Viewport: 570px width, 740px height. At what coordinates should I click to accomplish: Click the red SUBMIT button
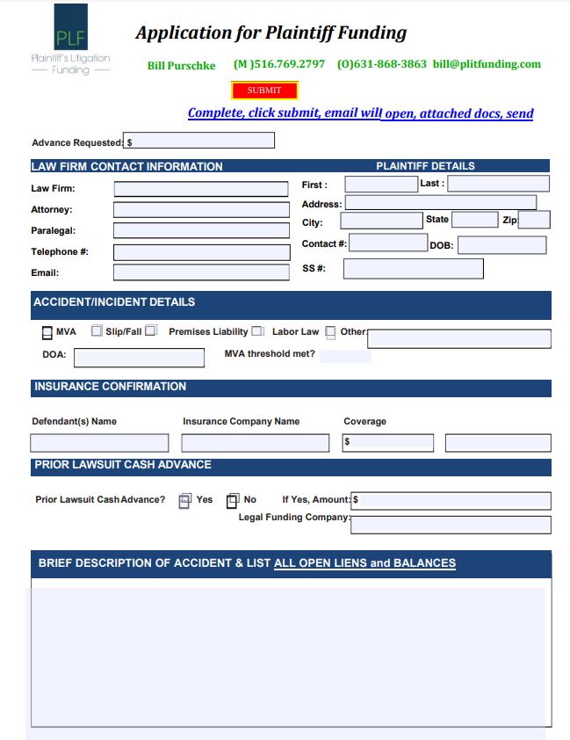pyautogui.click(x=264, y=91)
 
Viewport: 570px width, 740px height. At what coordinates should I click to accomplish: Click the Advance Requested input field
pyautogui.click(x=199, y=141)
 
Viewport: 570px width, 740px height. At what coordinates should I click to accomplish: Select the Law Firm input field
pyautogui.click(x=201, y=189)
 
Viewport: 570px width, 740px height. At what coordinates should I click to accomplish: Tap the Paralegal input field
pyautogui.click(x=201, y=231)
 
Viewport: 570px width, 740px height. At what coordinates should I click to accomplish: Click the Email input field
pyautogui.click(x=201, y=272)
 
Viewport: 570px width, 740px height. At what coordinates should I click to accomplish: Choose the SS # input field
pyautogui.click(x=413, y=269)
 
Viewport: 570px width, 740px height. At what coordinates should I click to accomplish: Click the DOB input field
pyautogui.click(x=501, y=245)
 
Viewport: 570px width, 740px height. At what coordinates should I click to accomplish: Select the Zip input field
pyautogui.click(x=534, y=220)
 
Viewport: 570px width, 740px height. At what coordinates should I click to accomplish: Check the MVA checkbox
pyautogui.click(x=47, y=333)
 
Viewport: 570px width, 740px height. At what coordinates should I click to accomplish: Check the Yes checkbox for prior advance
pyautogui.click(x=184, y=501)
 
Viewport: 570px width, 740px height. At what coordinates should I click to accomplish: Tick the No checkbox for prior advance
pyautogui.click(x=232, y=501)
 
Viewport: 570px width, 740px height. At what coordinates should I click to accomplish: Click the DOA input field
pyautogui.click(x=139, y=358)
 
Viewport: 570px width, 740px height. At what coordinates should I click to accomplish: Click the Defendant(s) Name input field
pyautogui.click(x=99, y=443)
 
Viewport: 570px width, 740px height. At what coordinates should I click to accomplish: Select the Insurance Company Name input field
pyautogui.click(x=254, y=443)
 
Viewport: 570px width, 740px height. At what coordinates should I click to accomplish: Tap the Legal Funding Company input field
pyautogui.click(x=451, y=525)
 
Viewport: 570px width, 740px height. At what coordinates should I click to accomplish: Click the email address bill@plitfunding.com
pyautogui.click(x=487, y=64)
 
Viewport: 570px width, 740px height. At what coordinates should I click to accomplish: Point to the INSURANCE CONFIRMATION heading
pyautogui.click(x=110, y=387)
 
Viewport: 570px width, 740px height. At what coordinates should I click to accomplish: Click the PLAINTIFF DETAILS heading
pyautogui.click(x=425, y=165)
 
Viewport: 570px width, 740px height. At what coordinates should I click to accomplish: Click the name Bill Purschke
pyautogui.click(x=181, y=66)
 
